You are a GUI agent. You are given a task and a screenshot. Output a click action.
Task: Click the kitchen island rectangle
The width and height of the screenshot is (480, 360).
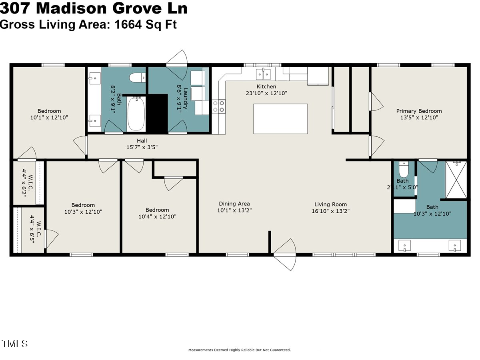pyautogui.click(x=280, y=119)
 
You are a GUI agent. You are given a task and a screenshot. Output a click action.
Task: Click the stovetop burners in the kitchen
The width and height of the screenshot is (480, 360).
pyautogui.click(x=219, y=106)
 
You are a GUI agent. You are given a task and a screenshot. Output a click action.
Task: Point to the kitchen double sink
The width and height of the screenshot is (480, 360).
pyautogui.click(x=263, y=74)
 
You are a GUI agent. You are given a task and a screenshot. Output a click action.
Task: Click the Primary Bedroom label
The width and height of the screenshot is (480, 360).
pyautogui.click(x=419, y=111)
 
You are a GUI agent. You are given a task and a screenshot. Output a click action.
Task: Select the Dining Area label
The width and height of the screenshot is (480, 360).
pyautogui.click(x=234, y=204)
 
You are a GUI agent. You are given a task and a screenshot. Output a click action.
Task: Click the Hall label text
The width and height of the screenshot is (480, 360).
pyautogui.click(x=142, y=141)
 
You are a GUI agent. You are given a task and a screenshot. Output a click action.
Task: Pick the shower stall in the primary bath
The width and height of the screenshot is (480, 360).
pyautogui.click(x=456, y=180)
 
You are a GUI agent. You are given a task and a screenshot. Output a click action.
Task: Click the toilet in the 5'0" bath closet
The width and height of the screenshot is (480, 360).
pyautogui.click(x=403, y=170)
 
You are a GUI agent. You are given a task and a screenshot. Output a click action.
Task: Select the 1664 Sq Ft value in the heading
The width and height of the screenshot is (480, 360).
pyautogui.click(x=146, y=24)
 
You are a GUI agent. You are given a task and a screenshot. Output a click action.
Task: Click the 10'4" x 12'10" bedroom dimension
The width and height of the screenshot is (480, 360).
pyautogui.click(x=157, y=216)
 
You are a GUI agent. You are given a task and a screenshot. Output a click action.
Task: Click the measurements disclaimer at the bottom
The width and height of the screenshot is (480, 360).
pyautogui.click(x=240, y=350)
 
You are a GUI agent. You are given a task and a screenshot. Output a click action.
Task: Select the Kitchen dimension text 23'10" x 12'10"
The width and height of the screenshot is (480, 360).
pyautogui.click(x=266, y=93)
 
